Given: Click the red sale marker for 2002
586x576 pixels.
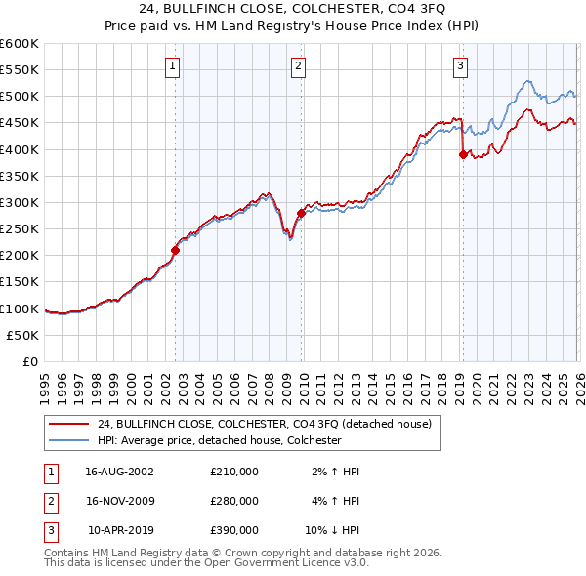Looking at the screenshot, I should click(x=176, y=250).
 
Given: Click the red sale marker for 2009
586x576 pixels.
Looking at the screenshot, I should click(x=301, y=213).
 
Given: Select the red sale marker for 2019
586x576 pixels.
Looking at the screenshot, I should click(x=462, y=154).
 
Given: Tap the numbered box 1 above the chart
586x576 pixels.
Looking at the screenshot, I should click(x=172, y=66).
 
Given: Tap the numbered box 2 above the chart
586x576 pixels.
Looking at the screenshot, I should click(x=297, y=66).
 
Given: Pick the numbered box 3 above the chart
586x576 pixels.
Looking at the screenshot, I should click(x=459, y=66).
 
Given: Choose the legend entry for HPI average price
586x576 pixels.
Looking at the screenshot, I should click(x=218, y=440).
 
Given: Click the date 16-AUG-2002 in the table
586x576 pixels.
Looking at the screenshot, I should click(x=120, y=471).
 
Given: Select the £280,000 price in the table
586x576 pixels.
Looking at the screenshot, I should click(x=234, y=501).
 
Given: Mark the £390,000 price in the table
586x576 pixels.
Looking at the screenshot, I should click(x=234, y=531).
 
